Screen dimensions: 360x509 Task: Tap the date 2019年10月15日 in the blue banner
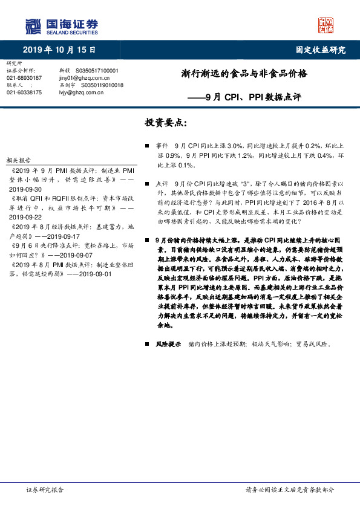(x=59, y=50)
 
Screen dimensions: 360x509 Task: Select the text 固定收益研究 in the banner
(x=320, y=50)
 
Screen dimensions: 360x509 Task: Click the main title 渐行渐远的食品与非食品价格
(x=244, y=74)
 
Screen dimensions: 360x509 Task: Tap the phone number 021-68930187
(x=24, y=78)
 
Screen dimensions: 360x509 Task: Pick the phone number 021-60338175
(x=24, y=92)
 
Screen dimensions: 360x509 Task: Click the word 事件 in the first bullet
(x=162, y=146)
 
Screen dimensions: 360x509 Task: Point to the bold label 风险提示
(x=168, y=344)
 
